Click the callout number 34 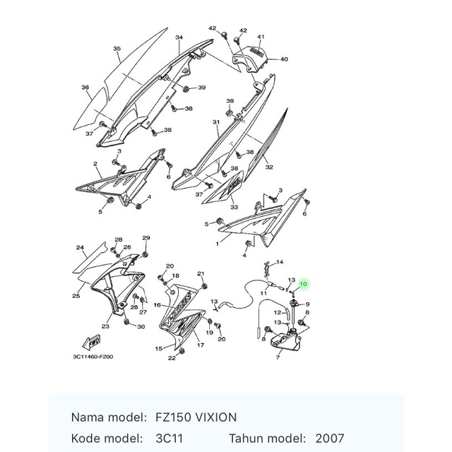pos(179,37)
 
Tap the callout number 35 pos(117,49)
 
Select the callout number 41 pos(261,37)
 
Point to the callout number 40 pos(284,59)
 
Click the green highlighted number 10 pos(304,284)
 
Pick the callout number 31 pos(216,122)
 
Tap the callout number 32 pos(269,167)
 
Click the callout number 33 pos(234,208)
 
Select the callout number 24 pos(81,248)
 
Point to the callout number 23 pos(105,326)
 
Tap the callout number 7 pos(278,359)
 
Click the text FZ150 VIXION pos(195,417)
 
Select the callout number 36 pos(85,88)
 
